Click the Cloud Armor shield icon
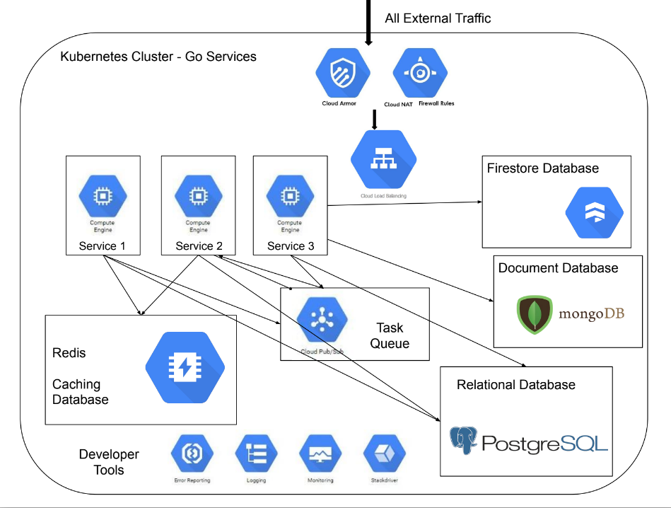tap(344, 73)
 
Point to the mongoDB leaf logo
tap(535, 314)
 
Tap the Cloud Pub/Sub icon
tap(322, 321)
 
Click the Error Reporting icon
tap(192, 454)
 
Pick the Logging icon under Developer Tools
tap(256, 454)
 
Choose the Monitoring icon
tap(320, 454)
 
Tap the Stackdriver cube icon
tap(384, 454)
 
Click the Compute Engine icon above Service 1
tap(102, 196)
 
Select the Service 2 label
tap(199, 246)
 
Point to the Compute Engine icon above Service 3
tap(289, 196)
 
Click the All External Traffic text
tap(438, 18)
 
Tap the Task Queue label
tap(390, 335)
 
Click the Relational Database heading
tap(515, 385)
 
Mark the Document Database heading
tap(558, 268)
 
